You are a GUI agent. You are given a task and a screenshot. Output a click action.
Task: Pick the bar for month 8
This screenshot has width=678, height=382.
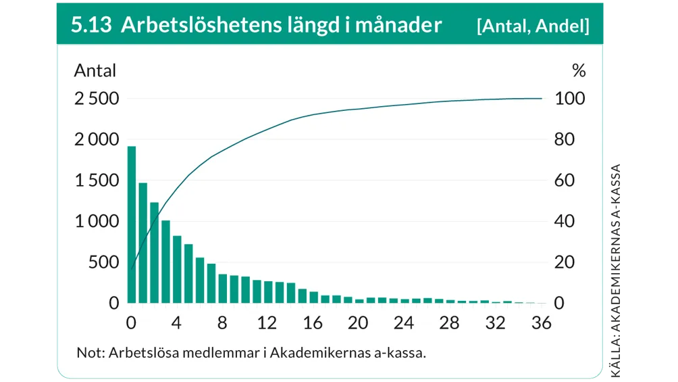pos(223,289)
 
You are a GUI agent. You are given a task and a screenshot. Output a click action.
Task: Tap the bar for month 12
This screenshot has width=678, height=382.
pos(268,292)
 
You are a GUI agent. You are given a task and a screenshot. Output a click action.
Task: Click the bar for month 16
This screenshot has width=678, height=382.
pos(313,297)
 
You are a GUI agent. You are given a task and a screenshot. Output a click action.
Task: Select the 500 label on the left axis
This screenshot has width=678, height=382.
pos(103,262)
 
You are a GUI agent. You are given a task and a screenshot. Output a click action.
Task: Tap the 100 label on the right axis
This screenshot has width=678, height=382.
pos(569,99)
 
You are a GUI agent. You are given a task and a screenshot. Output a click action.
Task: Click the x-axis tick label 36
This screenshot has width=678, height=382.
pos(541,323)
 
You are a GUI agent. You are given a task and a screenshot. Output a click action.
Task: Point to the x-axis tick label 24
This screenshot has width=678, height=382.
pos(404,323)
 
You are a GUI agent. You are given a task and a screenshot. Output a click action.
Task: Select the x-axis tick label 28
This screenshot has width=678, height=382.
pos(450,323)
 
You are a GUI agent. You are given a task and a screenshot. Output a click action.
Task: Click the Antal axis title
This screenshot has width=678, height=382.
pos(95,70)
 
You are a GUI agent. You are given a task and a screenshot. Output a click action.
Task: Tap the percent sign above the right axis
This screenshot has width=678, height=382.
pos(579,70)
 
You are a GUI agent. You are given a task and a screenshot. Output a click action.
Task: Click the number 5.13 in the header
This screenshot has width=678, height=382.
pos(91,26)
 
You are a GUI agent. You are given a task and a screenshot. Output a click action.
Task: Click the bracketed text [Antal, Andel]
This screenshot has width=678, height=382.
pos(532,26)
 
